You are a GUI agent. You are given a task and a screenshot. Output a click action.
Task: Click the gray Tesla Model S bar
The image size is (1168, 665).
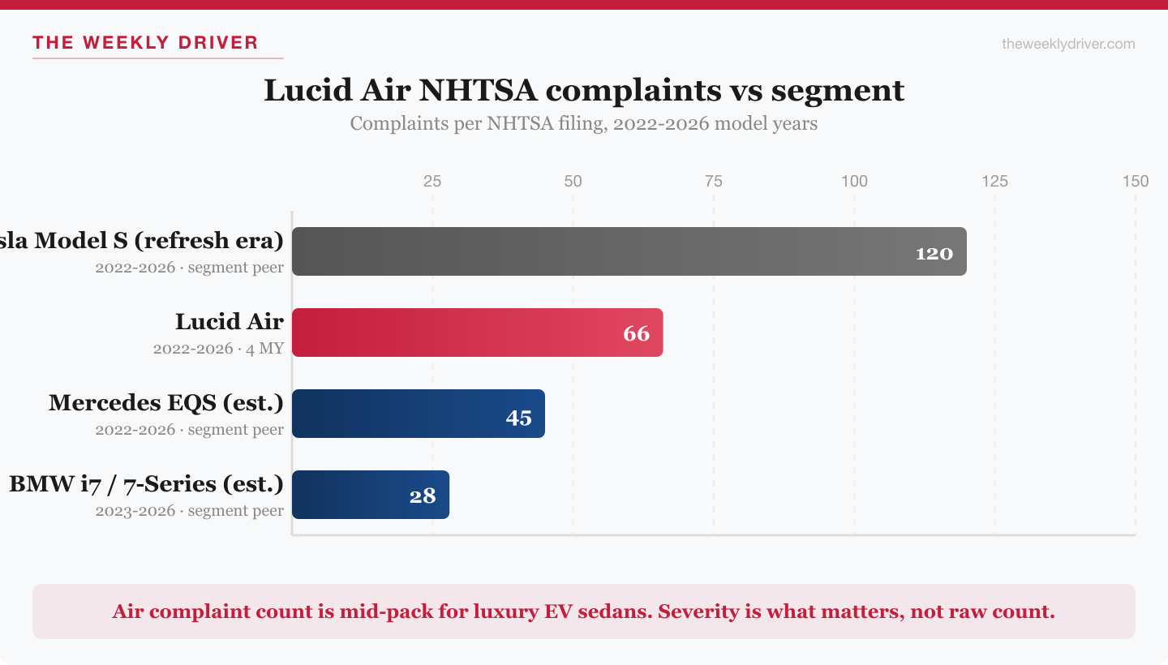tap(629, 251)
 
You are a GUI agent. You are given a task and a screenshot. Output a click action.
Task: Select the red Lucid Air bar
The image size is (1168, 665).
tap(477, 332)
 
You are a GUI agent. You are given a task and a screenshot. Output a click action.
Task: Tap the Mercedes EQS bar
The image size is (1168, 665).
tap(418, 414)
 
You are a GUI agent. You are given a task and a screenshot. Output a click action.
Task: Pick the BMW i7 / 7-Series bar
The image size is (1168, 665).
tap(370, 495)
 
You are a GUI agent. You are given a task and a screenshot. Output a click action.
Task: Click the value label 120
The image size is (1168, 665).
tap(934, 253)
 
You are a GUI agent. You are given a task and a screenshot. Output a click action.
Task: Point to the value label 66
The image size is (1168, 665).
tap(636, 334)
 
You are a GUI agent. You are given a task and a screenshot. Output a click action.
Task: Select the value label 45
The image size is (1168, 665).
tap(518, 418)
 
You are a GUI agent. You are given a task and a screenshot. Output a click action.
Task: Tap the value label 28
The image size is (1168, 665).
tap(423, 496)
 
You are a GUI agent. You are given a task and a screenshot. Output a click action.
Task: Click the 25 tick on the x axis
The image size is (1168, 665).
tap(432, 181)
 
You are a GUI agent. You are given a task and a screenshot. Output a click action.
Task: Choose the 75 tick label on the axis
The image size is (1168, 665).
tap(714, 181)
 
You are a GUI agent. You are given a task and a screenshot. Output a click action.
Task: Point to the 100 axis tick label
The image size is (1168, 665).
tap(854, 181)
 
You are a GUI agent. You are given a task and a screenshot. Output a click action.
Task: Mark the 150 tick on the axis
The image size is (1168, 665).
tap(1135, 181)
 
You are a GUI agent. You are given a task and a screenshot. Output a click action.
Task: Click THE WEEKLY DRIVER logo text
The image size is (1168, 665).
tap(145, 42)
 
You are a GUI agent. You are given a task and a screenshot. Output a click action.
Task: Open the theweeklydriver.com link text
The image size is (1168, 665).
tap(1068, 44)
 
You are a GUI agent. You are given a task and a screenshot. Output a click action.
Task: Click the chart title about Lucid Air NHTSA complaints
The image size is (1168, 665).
tap(584, 90)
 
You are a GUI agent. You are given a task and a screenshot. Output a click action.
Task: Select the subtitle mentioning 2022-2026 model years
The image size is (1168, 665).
tap(584, 124)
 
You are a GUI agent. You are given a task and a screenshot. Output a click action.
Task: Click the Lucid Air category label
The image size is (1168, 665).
tap(230, 322)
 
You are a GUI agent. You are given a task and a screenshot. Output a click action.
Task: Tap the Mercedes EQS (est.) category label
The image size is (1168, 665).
tap(166, 403)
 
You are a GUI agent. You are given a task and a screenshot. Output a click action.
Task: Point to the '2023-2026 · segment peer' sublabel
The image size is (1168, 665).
tap(190, 511)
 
